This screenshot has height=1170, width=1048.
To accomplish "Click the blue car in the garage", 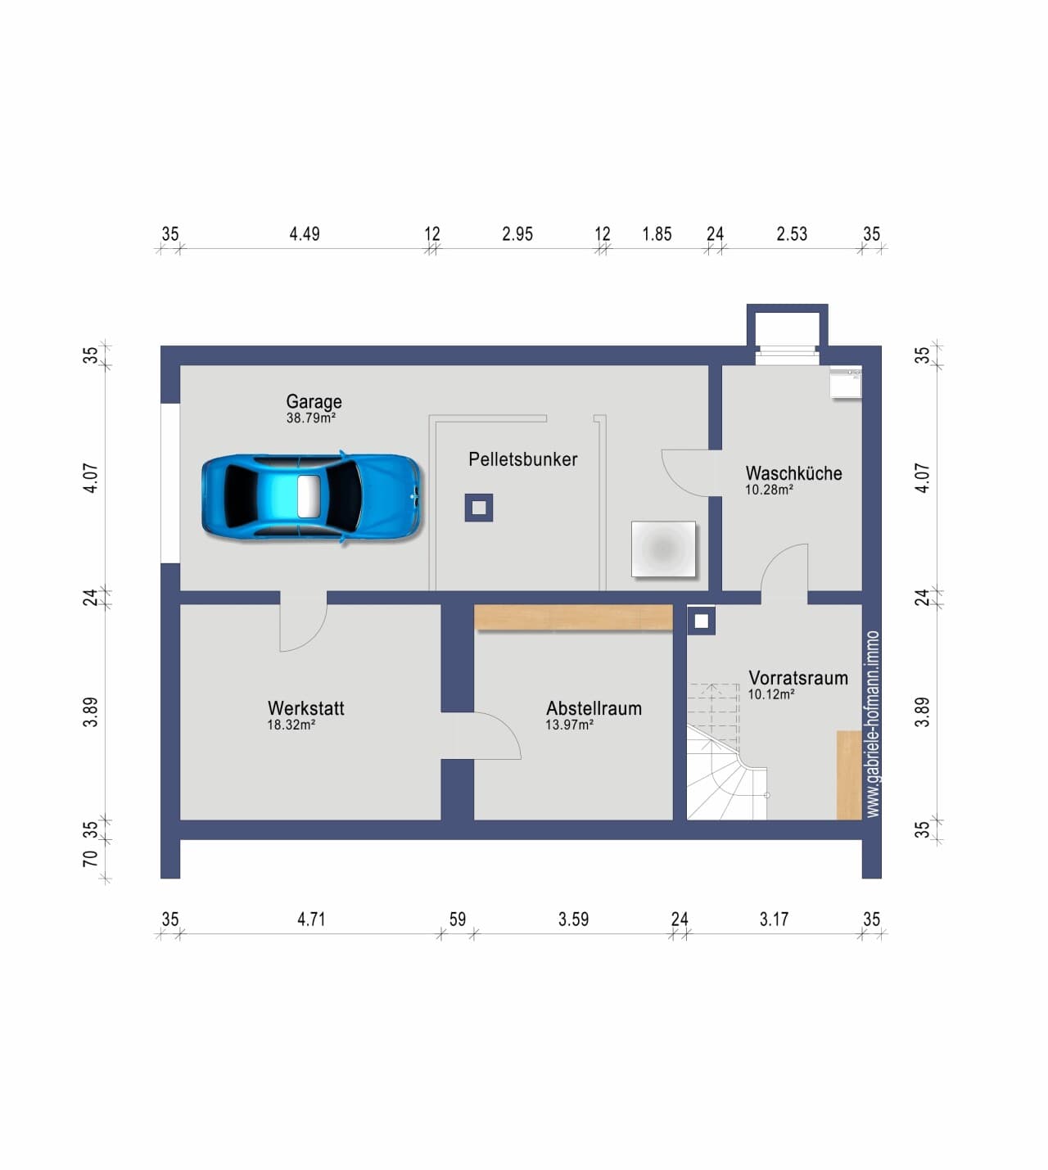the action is [311, 497].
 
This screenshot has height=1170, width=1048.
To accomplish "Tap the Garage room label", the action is [314, 401].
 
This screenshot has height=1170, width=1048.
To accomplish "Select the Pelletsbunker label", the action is [522, 459].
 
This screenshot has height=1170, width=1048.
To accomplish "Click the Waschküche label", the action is [793, 473].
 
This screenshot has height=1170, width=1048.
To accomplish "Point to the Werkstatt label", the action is [306, 708].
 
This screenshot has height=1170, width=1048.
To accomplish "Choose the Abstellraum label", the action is [594, 708].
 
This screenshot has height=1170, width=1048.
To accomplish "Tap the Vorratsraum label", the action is [798, 677].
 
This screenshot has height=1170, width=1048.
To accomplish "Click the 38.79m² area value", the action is [310, 418].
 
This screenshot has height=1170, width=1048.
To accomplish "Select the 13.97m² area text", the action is [569, 725].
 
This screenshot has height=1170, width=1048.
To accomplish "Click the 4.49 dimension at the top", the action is [305, 234].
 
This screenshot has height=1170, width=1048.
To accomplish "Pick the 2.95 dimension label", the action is [517, 234].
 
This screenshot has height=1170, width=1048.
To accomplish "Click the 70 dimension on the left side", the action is [90, 859].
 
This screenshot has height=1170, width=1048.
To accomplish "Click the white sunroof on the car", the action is [309, 497].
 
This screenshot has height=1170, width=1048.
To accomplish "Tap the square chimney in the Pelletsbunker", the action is [479, 508].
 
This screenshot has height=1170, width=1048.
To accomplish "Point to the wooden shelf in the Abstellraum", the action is [573, 617].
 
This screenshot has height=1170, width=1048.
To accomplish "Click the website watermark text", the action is [872, 724].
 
